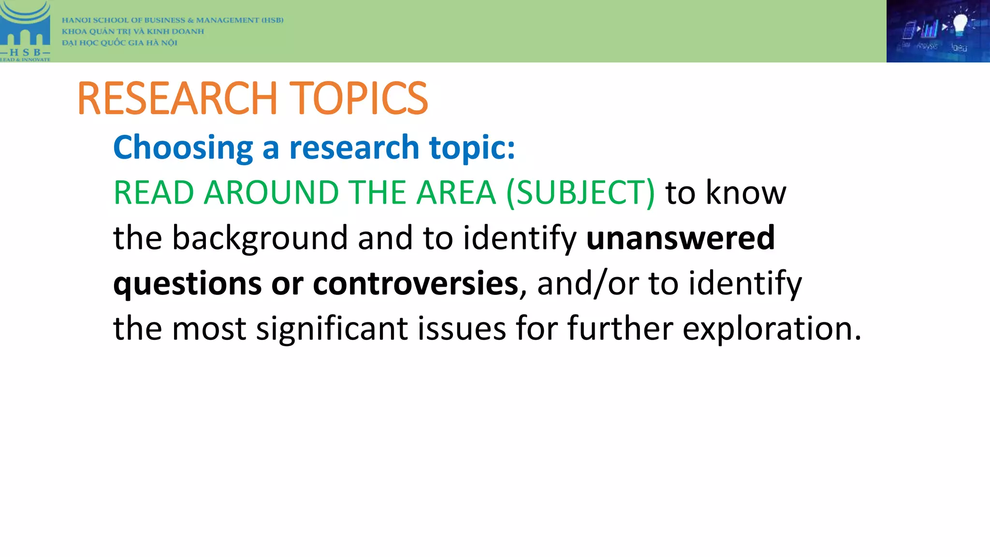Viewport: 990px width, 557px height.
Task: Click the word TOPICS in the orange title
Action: pyautogui.click(x=358, y=98)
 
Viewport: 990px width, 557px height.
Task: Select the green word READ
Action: pyautogui.click(x=154, y=192)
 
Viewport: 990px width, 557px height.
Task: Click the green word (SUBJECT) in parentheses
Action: pyautogui.click(x=581, y=192)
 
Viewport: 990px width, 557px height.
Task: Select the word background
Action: pyautogui.click(x=260, y=238)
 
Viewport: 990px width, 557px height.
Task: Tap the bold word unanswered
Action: pyautogui.click(x=680, y=238)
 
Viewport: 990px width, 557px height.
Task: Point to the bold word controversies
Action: pyautogui.click(x=415, y=283)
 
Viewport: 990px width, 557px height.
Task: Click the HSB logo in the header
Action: pyautogui.click(x=25, y=31)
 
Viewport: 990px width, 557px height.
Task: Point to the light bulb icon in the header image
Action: pyautogui.click(x=960, y=24)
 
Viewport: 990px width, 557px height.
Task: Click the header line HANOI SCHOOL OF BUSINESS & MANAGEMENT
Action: pyautogui.click(x=173, y=20)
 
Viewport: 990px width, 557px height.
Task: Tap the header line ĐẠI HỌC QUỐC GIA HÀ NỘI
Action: pyautogui.click(x=119, y=43)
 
